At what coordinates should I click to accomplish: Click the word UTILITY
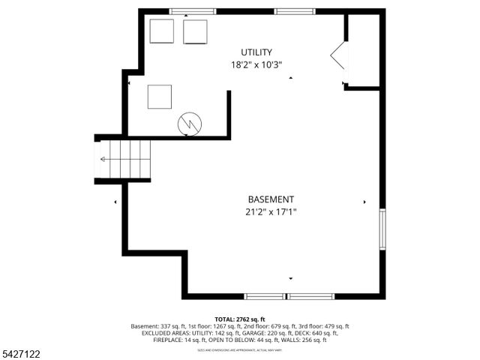tap(256, 52)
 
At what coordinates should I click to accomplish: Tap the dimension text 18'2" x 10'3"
tap(256, 64)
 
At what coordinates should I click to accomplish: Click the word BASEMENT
tap(271, 199)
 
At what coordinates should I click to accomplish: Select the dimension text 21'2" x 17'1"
tap(271, 212)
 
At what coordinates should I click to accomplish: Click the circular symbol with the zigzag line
tap(189, 124)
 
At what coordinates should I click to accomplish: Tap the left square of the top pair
tap(161, 31)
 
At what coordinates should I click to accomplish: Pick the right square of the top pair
tap(195, 31)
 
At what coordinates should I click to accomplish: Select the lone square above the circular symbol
tap(160, 97)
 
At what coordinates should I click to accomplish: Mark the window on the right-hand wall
tap(382, 229)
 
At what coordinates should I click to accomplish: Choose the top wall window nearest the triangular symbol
tap(293, 12)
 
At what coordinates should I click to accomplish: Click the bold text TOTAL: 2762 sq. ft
tap(239, 319)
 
